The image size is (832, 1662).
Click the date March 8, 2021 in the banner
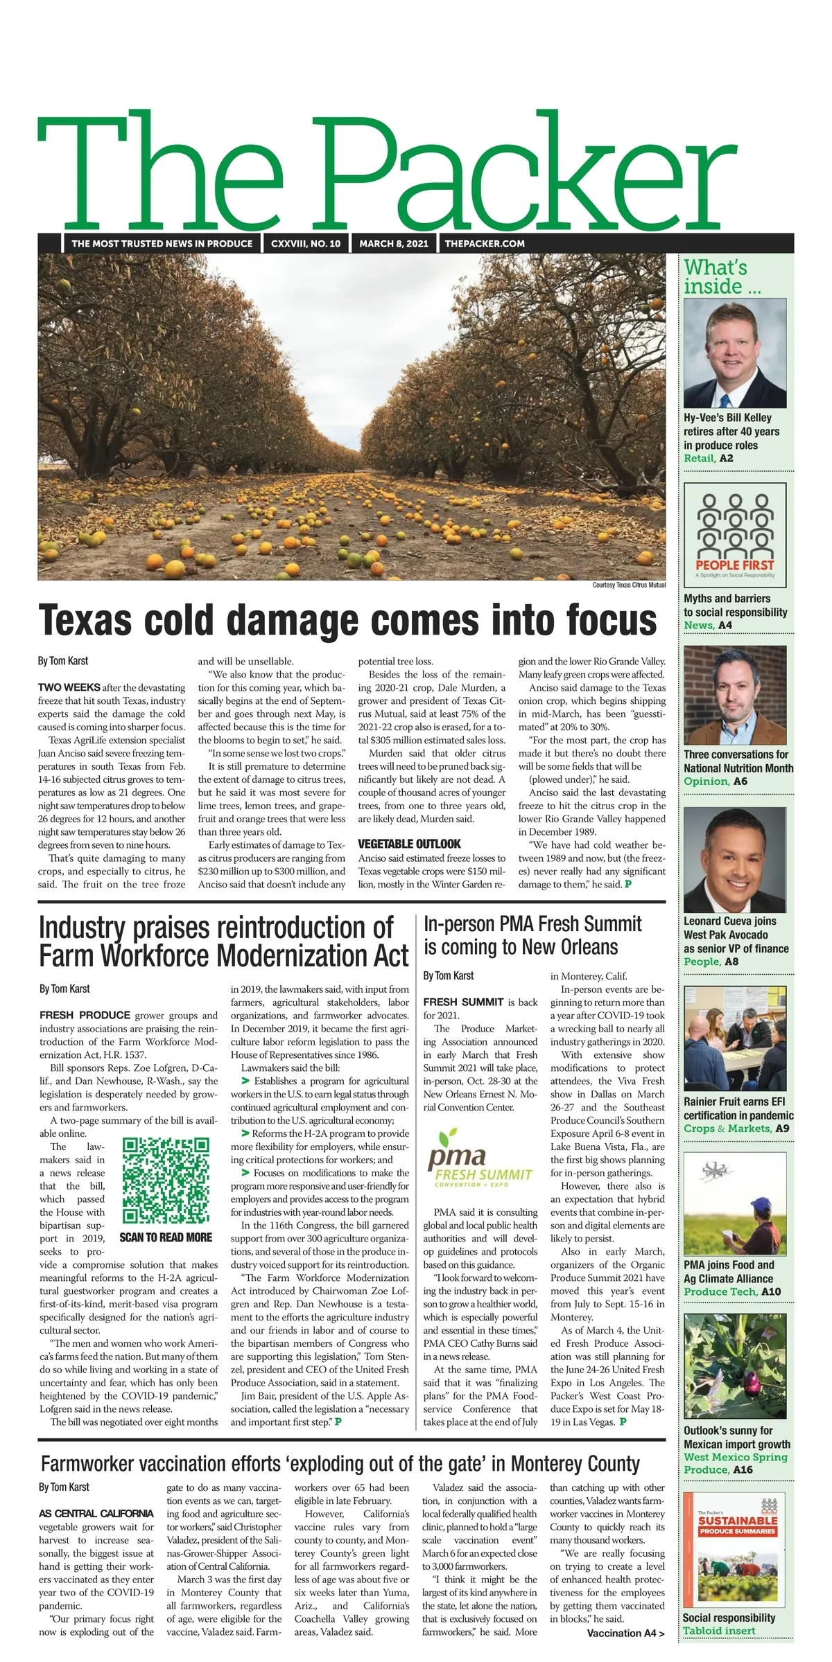[x=393, y=243]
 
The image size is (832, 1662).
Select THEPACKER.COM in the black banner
[x=485, y=243]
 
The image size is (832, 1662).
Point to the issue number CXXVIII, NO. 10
[x=306, y=243]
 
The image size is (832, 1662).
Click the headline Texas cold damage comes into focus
[x=347, y=619]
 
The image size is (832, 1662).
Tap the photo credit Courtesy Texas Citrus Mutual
[x=629, y=585]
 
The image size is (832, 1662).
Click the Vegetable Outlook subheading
[x=409, y=844]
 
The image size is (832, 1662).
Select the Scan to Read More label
[x=166, y=1237]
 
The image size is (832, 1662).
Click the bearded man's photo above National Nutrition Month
[x=735, y=695]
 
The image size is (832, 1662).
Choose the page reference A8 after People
[x=731, y=962]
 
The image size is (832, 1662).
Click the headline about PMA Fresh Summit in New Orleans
[x=532, y=935]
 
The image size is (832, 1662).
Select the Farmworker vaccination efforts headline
[x=340, y=1464]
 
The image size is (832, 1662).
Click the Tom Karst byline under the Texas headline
[x=63, y=661]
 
